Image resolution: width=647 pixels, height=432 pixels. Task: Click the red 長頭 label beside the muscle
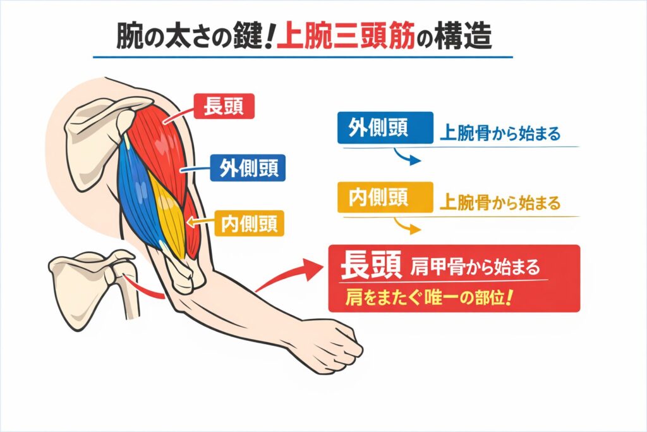224,106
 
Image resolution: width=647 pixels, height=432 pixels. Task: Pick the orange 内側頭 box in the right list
385,198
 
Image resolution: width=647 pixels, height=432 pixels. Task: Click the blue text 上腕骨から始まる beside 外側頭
500,135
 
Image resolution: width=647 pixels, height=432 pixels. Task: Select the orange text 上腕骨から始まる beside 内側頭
500,204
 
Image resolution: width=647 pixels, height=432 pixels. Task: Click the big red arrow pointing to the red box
291,273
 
